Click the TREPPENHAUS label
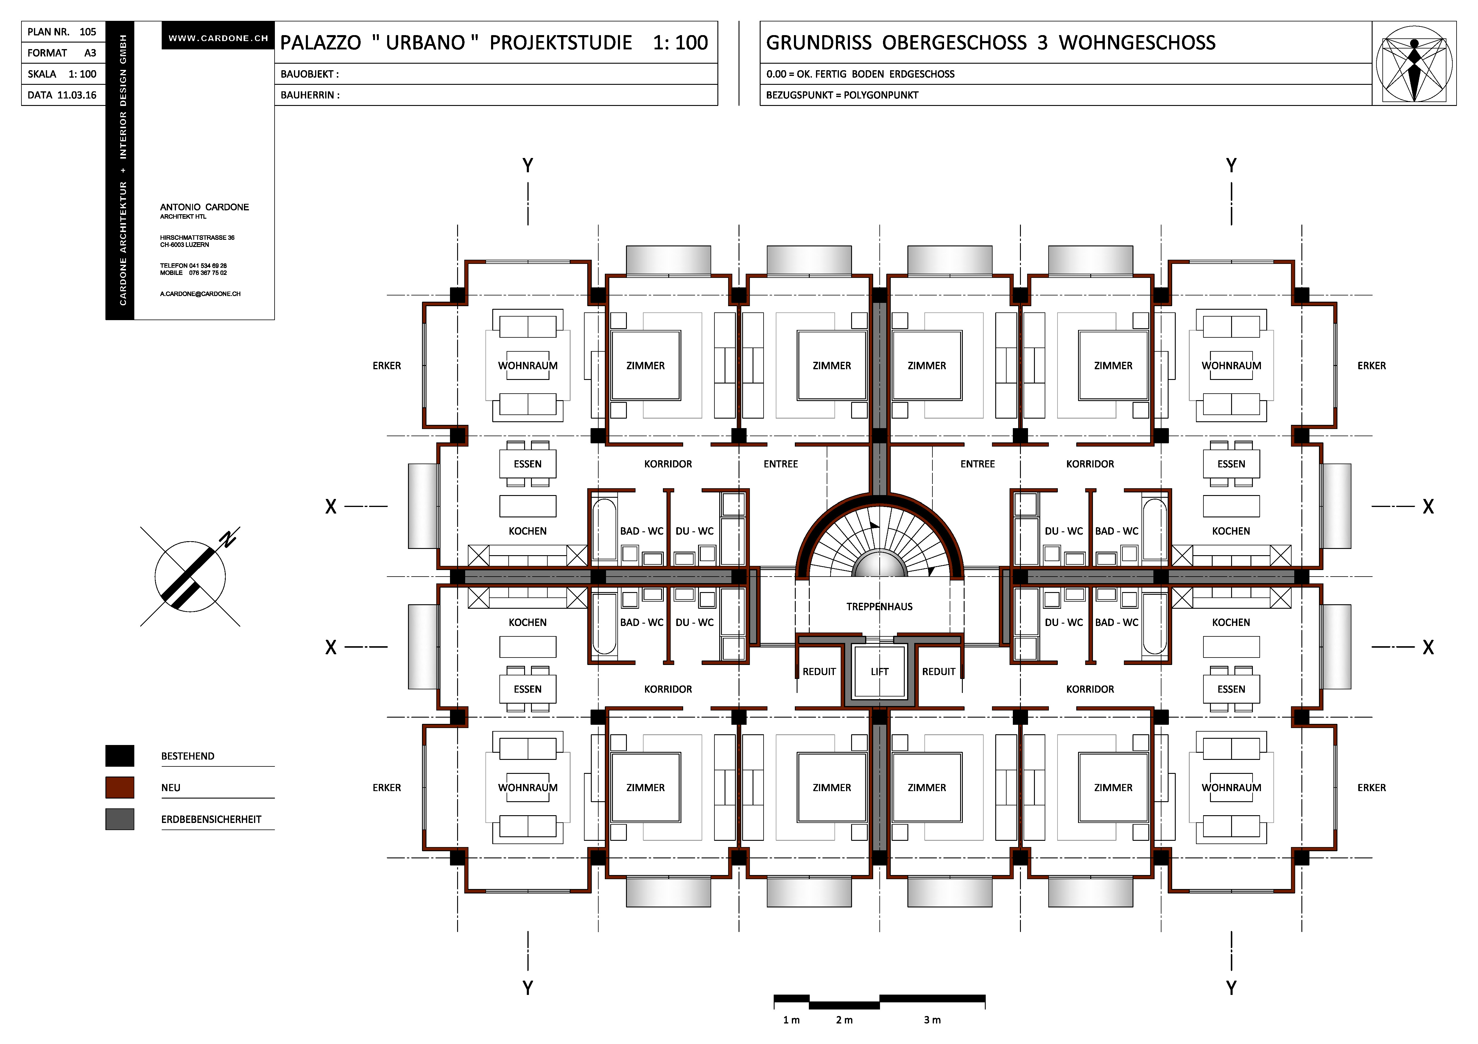[879, 607]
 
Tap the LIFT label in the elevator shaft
[879, 672]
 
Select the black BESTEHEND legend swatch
[120, 756]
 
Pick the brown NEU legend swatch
[120, 787]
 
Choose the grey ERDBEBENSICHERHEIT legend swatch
[120, 819]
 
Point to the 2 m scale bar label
[844, 1020]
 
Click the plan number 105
[88, 32]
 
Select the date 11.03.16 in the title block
[77, 95]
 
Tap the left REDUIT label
[819, 672]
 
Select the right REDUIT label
[939, 672]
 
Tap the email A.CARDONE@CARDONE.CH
[200, 294]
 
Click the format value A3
[90, 53]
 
